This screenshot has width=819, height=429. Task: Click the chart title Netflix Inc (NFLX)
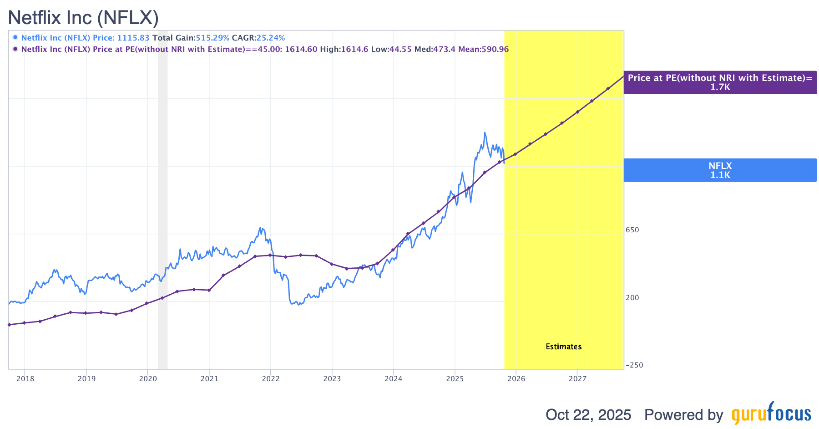[83, 18]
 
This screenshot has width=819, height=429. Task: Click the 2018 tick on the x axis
[25, 378]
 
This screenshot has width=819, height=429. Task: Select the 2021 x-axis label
[209, 378]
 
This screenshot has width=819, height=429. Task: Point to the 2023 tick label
[332, 378]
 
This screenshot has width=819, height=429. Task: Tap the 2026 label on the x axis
[516, 378]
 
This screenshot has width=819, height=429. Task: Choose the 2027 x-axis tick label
[577, 378]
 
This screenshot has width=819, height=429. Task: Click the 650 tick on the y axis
[632, 230]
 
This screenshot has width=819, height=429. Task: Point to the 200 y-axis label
[632, 298]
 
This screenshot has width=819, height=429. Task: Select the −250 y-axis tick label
[634, 365]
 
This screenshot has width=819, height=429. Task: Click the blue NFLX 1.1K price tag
[720, 170]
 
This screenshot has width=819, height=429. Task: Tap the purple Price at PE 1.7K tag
[720, 82]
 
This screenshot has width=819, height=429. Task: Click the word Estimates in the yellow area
[563, 347]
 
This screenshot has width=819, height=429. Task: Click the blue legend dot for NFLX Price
[15, 37]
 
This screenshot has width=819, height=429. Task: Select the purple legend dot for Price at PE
[15, 49]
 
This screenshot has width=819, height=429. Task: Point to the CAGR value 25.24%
[271, 38]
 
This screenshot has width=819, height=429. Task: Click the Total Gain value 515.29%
[212, 38]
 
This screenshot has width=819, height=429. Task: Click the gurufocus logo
[771, 414]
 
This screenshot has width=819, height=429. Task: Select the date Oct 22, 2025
[588, 415]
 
